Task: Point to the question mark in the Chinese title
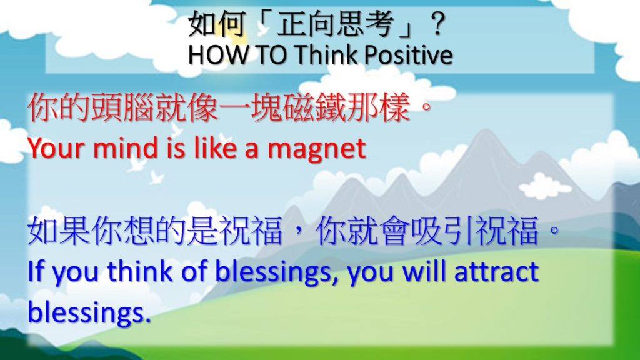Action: [x=437, y=24]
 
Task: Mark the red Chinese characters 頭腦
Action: [x=123, y=107]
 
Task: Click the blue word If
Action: [x=36, y=271]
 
